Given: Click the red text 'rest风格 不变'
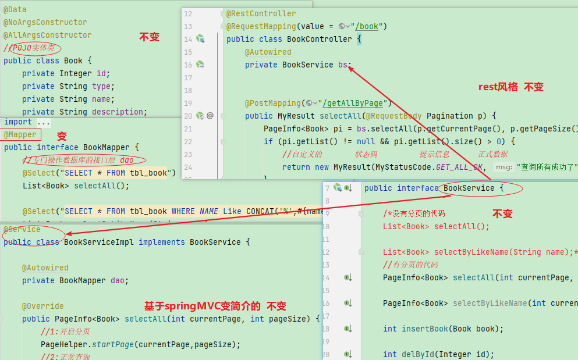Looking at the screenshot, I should coord(510,87).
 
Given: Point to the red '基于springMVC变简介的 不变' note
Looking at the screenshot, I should coord(215,306).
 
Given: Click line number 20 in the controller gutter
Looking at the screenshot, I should coord(187,116).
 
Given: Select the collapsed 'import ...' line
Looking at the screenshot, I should coord(27,122).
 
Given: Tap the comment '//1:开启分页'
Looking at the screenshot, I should coord(65,332).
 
